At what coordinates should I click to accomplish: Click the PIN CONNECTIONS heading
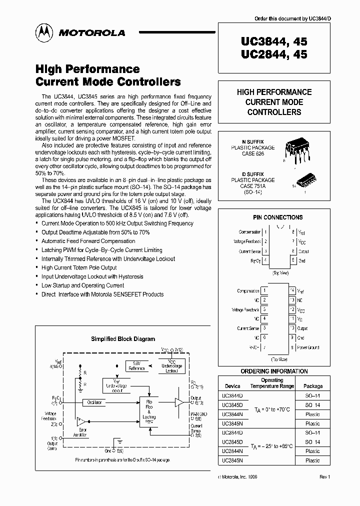click(277, 217)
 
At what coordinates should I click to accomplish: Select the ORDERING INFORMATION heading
click(274, 371)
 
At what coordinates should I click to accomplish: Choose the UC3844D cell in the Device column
click(232, 395)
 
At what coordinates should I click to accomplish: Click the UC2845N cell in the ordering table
click(232, 460)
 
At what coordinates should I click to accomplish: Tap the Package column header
click(313, 386)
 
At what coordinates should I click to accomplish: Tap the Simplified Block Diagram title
click(123, 339)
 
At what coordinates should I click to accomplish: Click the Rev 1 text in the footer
click(325, 477)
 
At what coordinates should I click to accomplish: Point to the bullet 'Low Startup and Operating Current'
click(82, 285)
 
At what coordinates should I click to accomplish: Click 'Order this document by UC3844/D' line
click(292, 19)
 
